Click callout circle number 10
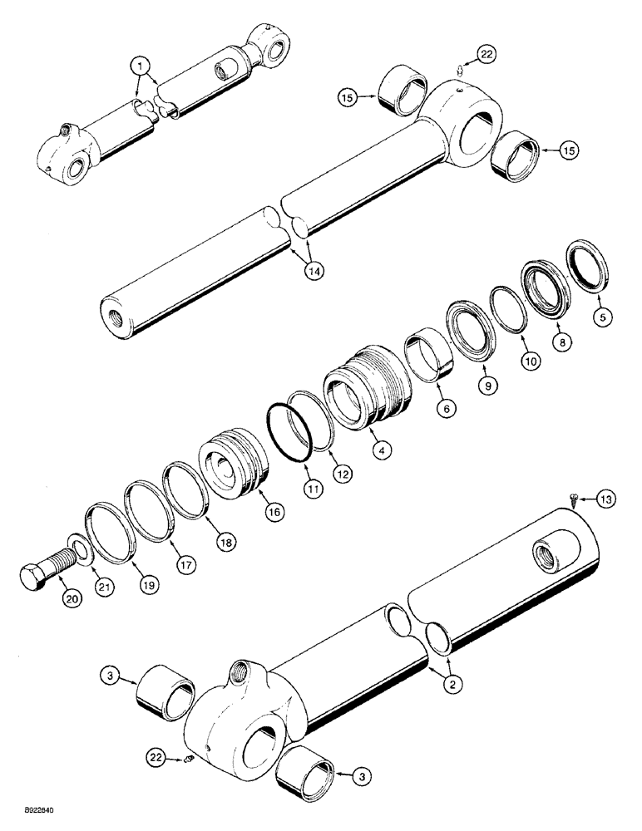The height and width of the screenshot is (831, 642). pyautogui.click(x=529, y=359)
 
